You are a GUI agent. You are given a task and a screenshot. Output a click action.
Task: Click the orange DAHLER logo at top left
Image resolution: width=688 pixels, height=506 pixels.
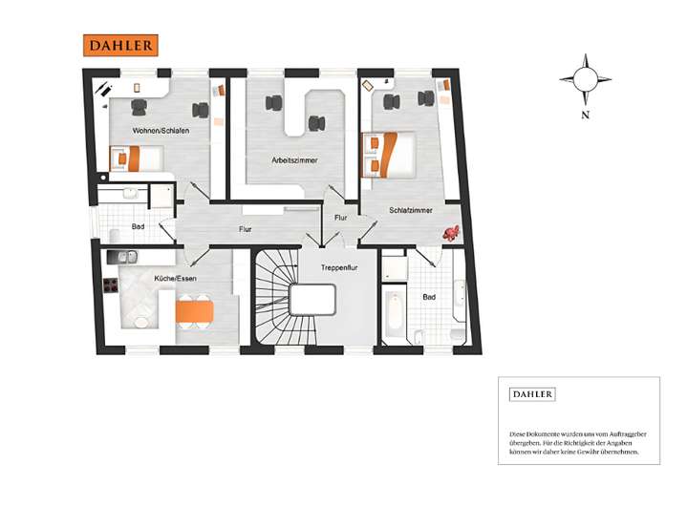point(119,45)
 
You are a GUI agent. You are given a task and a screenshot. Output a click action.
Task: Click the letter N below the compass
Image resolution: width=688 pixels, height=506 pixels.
point(583,115)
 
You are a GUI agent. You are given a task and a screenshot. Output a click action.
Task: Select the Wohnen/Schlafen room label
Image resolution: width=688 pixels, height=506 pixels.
point(160,130)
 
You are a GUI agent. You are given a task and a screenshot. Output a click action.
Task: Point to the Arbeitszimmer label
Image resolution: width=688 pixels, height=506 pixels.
point(294,160)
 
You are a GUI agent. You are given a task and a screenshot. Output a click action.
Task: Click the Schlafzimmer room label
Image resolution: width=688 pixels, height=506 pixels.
point(412,210)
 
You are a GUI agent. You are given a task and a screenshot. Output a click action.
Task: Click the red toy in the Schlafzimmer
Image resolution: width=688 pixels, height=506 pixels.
point(451,232)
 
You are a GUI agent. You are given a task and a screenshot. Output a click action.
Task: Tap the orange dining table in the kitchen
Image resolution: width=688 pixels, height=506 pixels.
point(194,311)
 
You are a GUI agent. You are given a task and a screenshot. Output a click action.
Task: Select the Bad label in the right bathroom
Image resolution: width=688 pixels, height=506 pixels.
point(429,297)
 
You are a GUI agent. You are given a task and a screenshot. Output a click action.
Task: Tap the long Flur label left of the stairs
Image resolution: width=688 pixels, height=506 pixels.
point(246,229)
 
